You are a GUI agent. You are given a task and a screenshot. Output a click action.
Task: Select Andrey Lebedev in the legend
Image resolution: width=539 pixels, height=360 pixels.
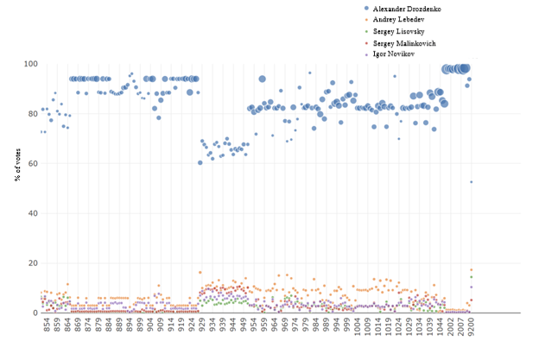coord(400,19)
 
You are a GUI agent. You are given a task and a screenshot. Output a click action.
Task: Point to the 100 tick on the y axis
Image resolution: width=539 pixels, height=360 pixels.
coord(28,64)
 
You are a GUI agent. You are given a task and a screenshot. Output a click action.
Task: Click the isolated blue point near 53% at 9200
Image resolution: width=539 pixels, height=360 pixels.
coord(471,181)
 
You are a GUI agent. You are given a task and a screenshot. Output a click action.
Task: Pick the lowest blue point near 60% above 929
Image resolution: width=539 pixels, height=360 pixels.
coord(200,162)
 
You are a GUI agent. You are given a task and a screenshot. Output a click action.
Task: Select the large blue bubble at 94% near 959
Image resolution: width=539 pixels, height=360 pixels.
coord(262,79)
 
